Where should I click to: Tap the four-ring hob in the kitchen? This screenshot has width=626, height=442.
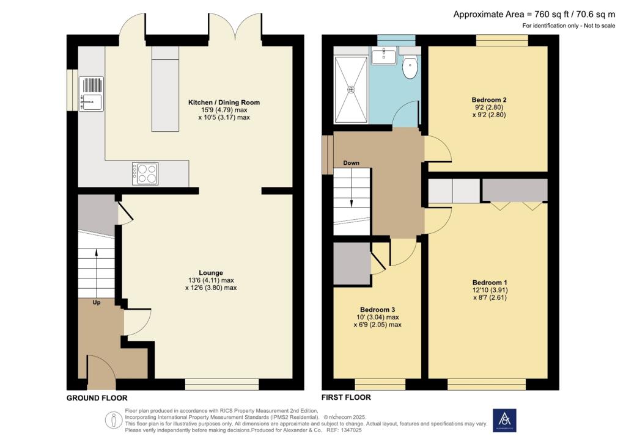pos(145,173)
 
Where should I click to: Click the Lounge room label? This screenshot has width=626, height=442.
pos(210,273)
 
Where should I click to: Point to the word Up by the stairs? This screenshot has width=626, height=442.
pos(97,302)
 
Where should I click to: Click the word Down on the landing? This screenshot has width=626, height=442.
pos(351,163)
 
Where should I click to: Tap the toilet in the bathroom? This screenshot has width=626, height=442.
pos(410,67)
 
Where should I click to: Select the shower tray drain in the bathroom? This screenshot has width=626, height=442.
pos(351,90)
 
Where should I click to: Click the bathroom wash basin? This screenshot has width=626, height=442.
pos(384,57)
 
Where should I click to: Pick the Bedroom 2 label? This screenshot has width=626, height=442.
pos(489,100)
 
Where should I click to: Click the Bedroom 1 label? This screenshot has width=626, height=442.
pos(490,283)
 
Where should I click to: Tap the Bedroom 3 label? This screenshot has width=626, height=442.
pos(377,309)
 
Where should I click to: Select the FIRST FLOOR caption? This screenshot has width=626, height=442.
pos(347,397)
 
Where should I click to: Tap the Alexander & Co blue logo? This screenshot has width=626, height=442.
pos(504,420)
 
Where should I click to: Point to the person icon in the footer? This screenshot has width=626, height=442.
pos(113,420)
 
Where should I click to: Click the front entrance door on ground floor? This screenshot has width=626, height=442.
pos(101,373)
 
